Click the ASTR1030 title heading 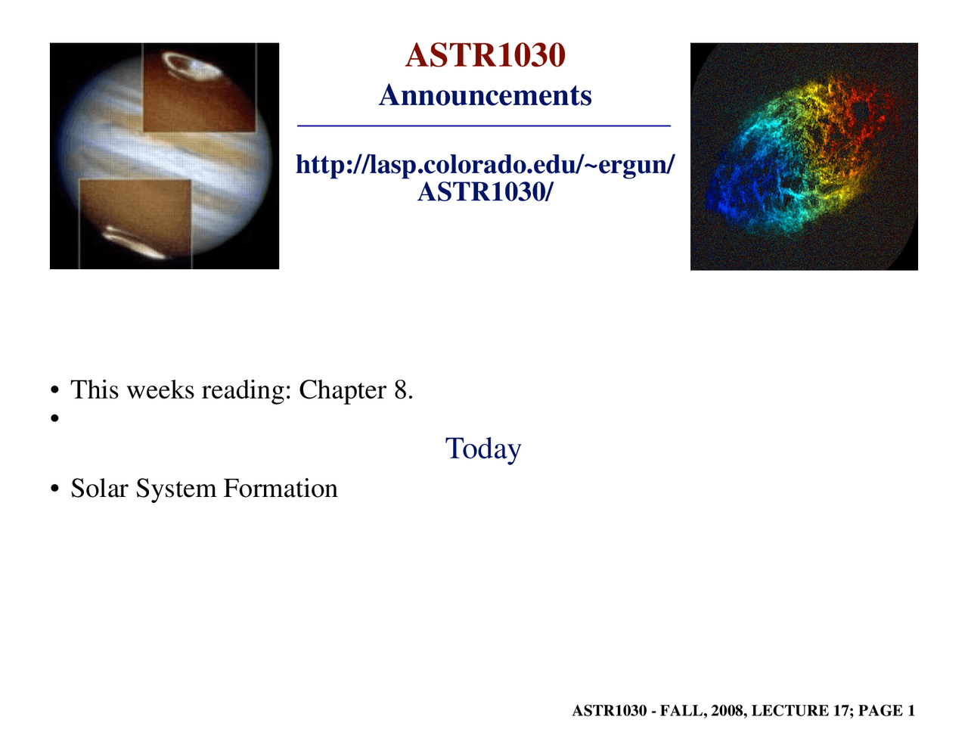(485, 56)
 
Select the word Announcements (485, 96)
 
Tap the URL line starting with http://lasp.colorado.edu (485, 164)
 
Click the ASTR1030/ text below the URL (485, 192)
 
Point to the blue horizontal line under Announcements (484, 126)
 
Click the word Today (483, 448)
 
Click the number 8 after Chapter (401, 390)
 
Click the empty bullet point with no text (54, 417)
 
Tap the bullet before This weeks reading (54, 391)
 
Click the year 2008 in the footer (727, 711)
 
